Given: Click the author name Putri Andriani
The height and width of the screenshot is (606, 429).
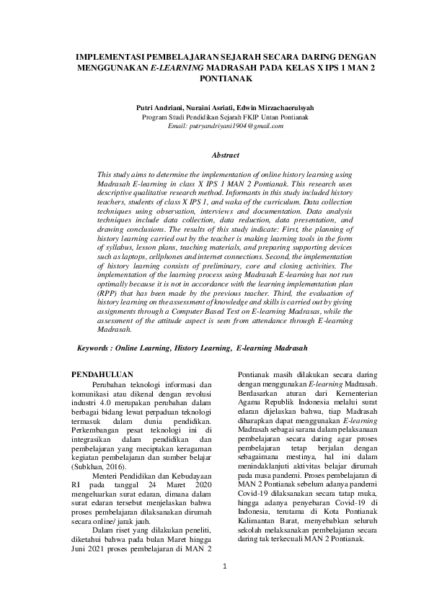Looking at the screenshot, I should pos(157,107).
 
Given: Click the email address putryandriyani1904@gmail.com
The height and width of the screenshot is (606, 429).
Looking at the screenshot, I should pos(226,125).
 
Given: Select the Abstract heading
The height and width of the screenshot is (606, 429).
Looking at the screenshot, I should pos(226,155).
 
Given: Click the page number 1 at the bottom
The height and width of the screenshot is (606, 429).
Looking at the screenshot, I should pos(225,566).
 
